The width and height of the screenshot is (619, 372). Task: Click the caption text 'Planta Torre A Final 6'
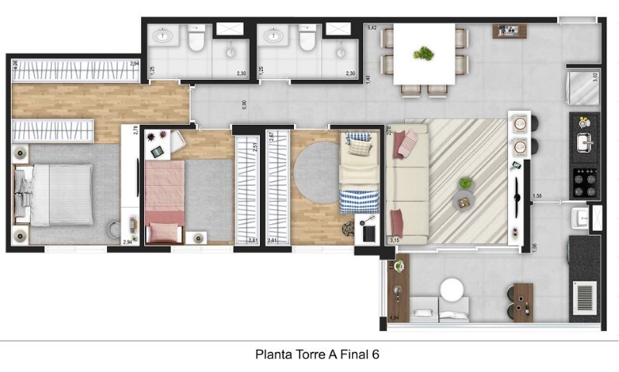point(317,354)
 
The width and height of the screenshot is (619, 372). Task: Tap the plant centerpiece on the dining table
point(424,53)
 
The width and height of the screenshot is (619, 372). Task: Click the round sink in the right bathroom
point(273,35)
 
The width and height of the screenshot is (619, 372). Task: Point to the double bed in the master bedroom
point(62,194)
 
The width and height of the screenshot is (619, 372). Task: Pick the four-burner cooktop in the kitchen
point(584,182)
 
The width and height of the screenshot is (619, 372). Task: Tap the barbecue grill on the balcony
point(585,297)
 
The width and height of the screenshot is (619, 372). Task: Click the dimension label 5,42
point(372,29)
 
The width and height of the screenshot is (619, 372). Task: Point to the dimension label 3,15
point(395,241)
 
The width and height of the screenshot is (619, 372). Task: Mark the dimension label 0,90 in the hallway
point(244,104)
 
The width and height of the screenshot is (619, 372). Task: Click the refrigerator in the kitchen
point(583,87)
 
